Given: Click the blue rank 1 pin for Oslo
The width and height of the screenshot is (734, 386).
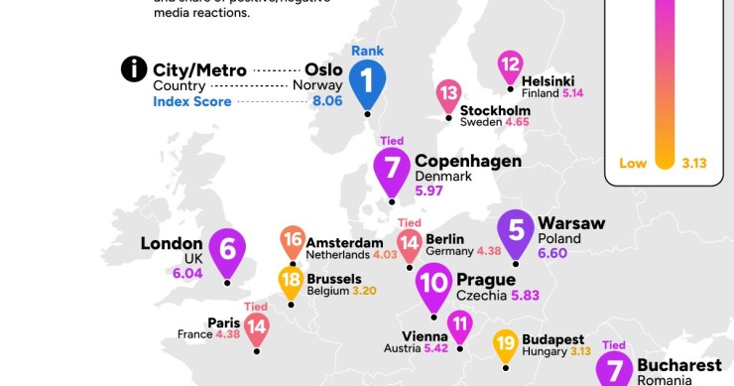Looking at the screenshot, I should (367, 80).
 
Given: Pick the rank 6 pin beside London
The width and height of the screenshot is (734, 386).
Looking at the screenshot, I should (227, 249).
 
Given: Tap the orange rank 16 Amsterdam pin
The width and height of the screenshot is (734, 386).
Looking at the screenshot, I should (293, 240).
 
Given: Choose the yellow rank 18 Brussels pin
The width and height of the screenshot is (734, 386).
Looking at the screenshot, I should (291, 282).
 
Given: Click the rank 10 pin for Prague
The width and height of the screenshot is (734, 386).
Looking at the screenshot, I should (434, 283).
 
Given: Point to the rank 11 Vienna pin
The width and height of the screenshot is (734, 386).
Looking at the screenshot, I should (459, 324).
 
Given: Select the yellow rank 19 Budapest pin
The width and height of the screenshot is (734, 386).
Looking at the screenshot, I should (505, 345).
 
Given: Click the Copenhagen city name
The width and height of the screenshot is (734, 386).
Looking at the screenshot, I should (468, 161).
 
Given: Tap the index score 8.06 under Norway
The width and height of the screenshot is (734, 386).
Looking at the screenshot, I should (327, 101).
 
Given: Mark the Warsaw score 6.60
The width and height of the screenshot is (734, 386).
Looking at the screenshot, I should (555, 255).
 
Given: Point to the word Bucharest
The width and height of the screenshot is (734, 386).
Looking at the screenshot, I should (679, 365).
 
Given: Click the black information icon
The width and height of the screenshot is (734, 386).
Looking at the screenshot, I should (132, 69).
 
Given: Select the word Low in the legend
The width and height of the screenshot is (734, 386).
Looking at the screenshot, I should (632, 164).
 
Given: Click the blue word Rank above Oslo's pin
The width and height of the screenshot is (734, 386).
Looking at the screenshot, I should (367, 51).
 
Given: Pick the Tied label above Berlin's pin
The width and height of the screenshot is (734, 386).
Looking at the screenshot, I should (409, 222).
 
